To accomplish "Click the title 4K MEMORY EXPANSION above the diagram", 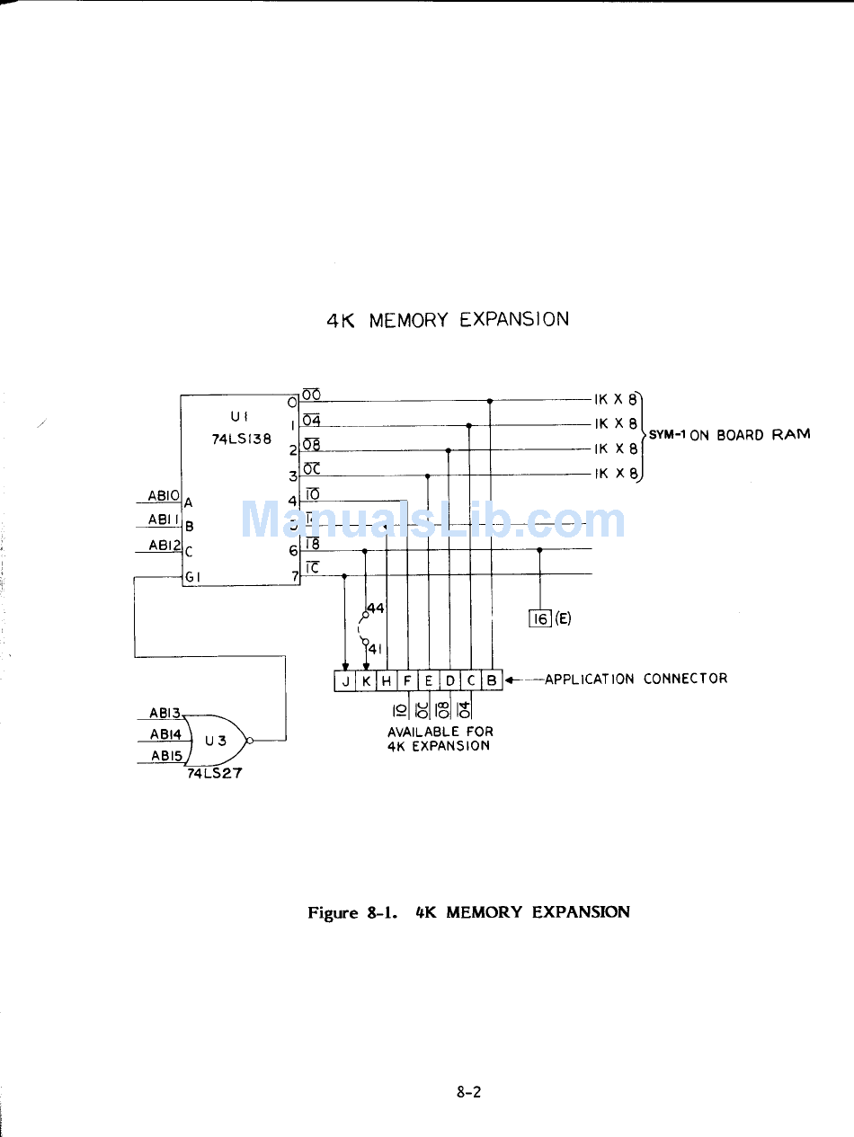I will click(447, 319).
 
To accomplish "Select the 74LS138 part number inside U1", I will click(241, 440).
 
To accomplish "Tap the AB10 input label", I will click(165, 496).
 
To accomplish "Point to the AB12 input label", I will click(165, 546).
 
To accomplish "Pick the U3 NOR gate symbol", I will click(216, 741).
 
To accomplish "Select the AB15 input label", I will click(166, 757).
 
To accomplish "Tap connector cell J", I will click(346, 681).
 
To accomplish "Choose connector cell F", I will click(408, 681).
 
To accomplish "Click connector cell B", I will click(492, 681).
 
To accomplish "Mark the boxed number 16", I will click(540, 618).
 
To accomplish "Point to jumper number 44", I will click(376, 608).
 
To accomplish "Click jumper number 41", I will click(376, 649).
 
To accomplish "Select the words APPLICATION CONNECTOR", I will click(636, 679).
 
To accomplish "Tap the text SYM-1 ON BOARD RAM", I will click(729, 435).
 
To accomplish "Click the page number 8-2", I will click(468, 1093).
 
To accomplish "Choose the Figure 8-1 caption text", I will click(468, 912).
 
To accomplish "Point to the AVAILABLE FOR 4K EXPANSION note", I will click(440, 739).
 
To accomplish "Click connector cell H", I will click(387, 681).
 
